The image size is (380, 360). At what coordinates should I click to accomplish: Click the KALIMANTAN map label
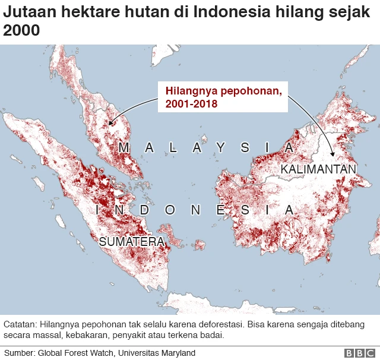coord(318,169)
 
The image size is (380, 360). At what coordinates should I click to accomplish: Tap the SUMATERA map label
coord(131,242)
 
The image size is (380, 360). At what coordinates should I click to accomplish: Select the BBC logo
coord(356,353)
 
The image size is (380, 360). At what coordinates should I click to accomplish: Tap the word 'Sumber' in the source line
coord(19,353)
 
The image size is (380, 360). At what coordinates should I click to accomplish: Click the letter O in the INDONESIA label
coord(171,210)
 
